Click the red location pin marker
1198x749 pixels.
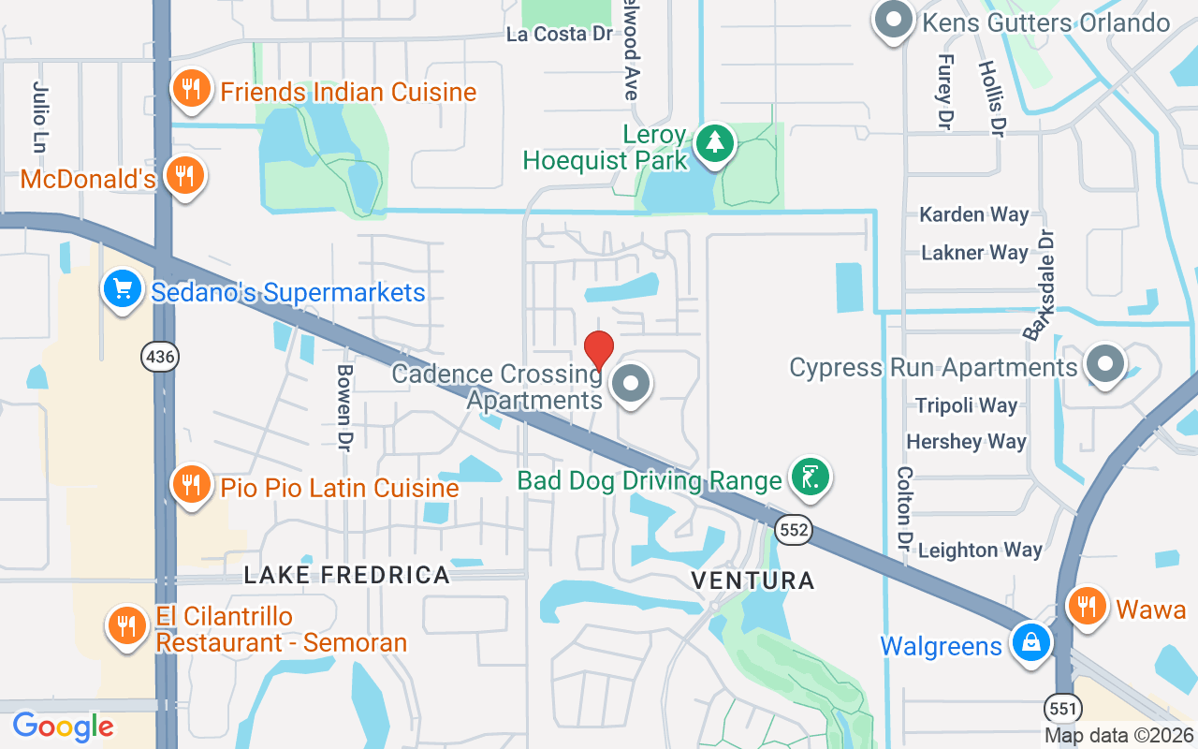click(x=598, y=350)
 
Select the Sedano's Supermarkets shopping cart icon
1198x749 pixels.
click(x=123, y=289)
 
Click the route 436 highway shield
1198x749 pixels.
click(x=160, y=356)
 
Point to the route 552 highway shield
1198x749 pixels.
click(x=793, y=531)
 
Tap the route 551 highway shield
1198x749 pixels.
click(x=1063, y=706)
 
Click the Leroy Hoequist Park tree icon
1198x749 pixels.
click(x=716, y=143)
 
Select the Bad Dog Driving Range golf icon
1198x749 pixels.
click(x=810, y=477)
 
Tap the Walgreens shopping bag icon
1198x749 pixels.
click(x=1030, y=643)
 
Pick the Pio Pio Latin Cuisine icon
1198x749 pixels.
click(x=191, y=484)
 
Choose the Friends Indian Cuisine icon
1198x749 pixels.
click(x=191, y=90)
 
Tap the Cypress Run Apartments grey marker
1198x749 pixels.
click(x=1105, y=363)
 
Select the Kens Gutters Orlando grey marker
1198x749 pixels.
click(x=893, y=20)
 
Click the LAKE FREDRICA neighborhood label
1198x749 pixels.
click(x=347, y=575)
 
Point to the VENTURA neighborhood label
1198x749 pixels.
click(x=752, y=580)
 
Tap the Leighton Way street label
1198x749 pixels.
click(x=980, y=551)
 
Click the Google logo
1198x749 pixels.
click(x=64, y=727)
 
